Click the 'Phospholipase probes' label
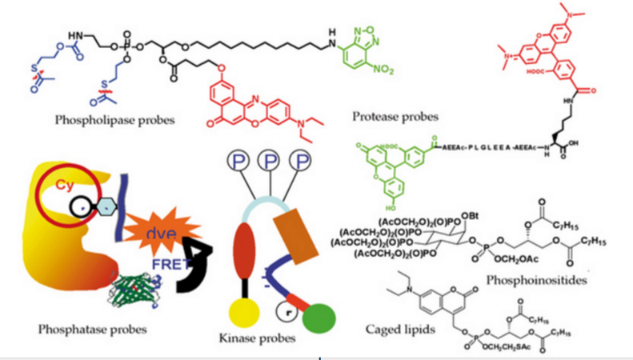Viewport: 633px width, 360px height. coord(115,120)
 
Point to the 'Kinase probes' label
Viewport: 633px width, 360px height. coord(258,338)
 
